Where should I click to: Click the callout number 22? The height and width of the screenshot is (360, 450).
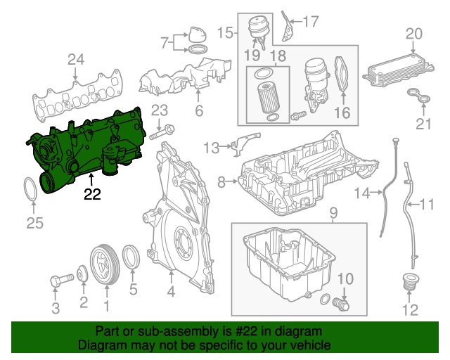tap(91, 194)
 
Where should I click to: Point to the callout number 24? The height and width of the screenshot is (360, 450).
tap(76, 61)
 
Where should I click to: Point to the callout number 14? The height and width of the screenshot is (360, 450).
tap(361, 193)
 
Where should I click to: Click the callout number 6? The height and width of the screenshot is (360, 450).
tap(198, 110)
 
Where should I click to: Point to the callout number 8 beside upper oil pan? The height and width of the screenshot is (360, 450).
tap(221, 183)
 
